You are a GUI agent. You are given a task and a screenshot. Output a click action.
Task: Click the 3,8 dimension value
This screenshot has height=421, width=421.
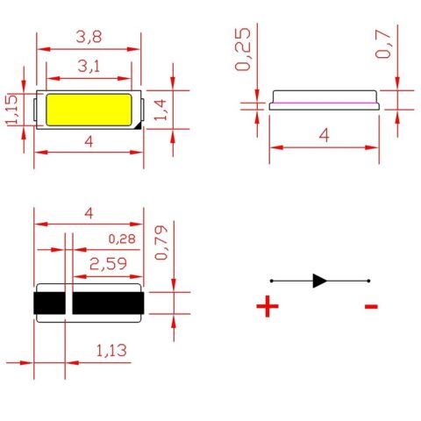(89, 37)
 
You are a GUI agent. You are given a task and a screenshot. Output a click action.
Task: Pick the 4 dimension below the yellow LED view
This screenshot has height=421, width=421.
(87, 141)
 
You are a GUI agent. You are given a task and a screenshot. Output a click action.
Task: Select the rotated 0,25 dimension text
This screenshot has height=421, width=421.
(245, 51)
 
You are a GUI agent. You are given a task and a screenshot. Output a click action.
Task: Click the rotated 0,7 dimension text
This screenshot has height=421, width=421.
(383, 44)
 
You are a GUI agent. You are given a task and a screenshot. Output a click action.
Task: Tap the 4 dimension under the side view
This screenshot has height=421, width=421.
(324, 136)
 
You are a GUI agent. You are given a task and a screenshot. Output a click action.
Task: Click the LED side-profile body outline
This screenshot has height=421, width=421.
(325, 99)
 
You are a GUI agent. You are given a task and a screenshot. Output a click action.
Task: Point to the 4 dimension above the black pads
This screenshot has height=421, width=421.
(87, 213)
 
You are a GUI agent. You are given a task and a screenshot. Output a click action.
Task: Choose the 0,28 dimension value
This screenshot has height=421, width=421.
(122, 239)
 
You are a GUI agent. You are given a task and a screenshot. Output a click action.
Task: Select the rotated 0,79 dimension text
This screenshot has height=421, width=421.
(161, 243)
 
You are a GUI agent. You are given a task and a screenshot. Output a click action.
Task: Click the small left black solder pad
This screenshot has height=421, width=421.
(49, 303)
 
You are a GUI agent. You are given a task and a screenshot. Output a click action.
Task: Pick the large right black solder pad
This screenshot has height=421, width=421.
(106, 303)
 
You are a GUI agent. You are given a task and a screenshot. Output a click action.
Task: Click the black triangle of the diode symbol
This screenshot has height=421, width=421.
(320, 281)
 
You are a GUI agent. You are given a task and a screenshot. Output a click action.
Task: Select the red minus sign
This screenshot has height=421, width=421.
(371, 306)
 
